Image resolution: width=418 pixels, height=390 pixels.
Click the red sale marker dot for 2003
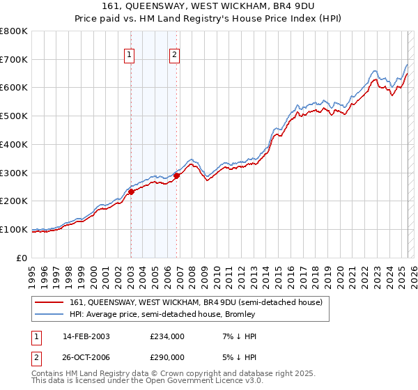[131, 192]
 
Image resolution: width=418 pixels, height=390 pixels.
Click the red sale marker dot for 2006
[176, 175]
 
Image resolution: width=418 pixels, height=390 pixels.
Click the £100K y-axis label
[14, 229]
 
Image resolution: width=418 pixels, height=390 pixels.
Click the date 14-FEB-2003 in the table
[86, 336]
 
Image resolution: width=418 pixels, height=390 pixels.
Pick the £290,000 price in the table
[167, 357]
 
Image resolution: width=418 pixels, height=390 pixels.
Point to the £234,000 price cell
[167, 336]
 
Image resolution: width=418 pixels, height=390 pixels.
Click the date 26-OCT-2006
[86, 357]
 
